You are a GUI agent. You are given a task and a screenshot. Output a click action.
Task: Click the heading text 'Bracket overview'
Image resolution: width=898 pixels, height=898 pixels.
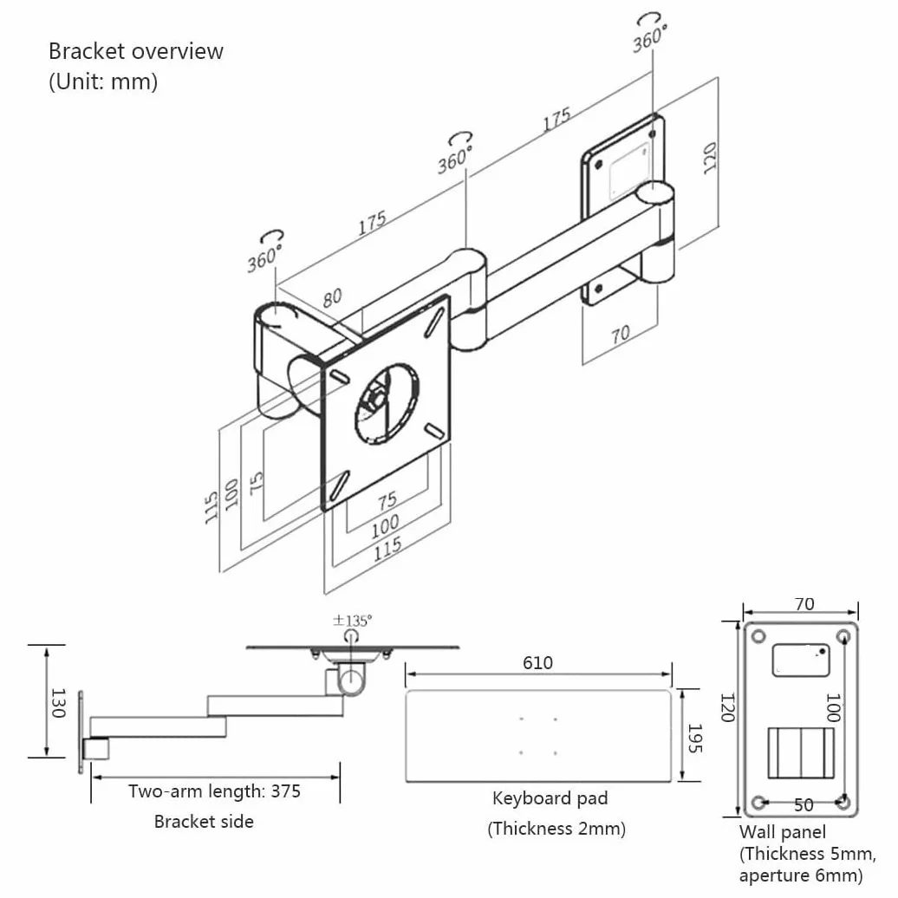[x=136, y=51]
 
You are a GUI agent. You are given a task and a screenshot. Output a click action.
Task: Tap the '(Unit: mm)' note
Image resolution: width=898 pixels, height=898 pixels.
[x=103, y=81]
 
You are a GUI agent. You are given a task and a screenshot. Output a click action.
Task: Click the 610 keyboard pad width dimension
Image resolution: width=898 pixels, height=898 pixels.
[x=537, y=662]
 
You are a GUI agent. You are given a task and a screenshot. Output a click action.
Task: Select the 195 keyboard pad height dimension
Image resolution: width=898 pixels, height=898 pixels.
[x=694, y=738]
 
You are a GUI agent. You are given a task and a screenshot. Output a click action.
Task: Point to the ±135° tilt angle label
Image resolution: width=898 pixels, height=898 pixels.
[x=352, y=621]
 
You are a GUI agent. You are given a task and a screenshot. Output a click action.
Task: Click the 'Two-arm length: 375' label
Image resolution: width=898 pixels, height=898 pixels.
[x=214, y=791]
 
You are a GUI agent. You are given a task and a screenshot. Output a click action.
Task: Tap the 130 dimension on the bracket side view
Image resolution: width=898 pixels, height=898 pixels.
[x=58, y=703]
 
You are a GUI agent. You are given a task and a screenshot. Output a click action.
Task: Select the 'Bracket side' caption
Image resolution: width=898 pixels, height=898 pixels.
[x=204, y=822]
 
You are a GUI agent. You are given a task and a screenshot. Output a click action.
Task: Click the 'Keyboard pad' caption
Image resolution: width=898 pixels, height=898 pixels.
[x=550, y=798]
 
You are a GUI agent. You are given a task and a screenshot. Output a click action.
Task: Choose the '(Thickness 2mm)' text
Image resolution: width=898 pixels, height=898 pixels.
[x=556, y=829]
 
